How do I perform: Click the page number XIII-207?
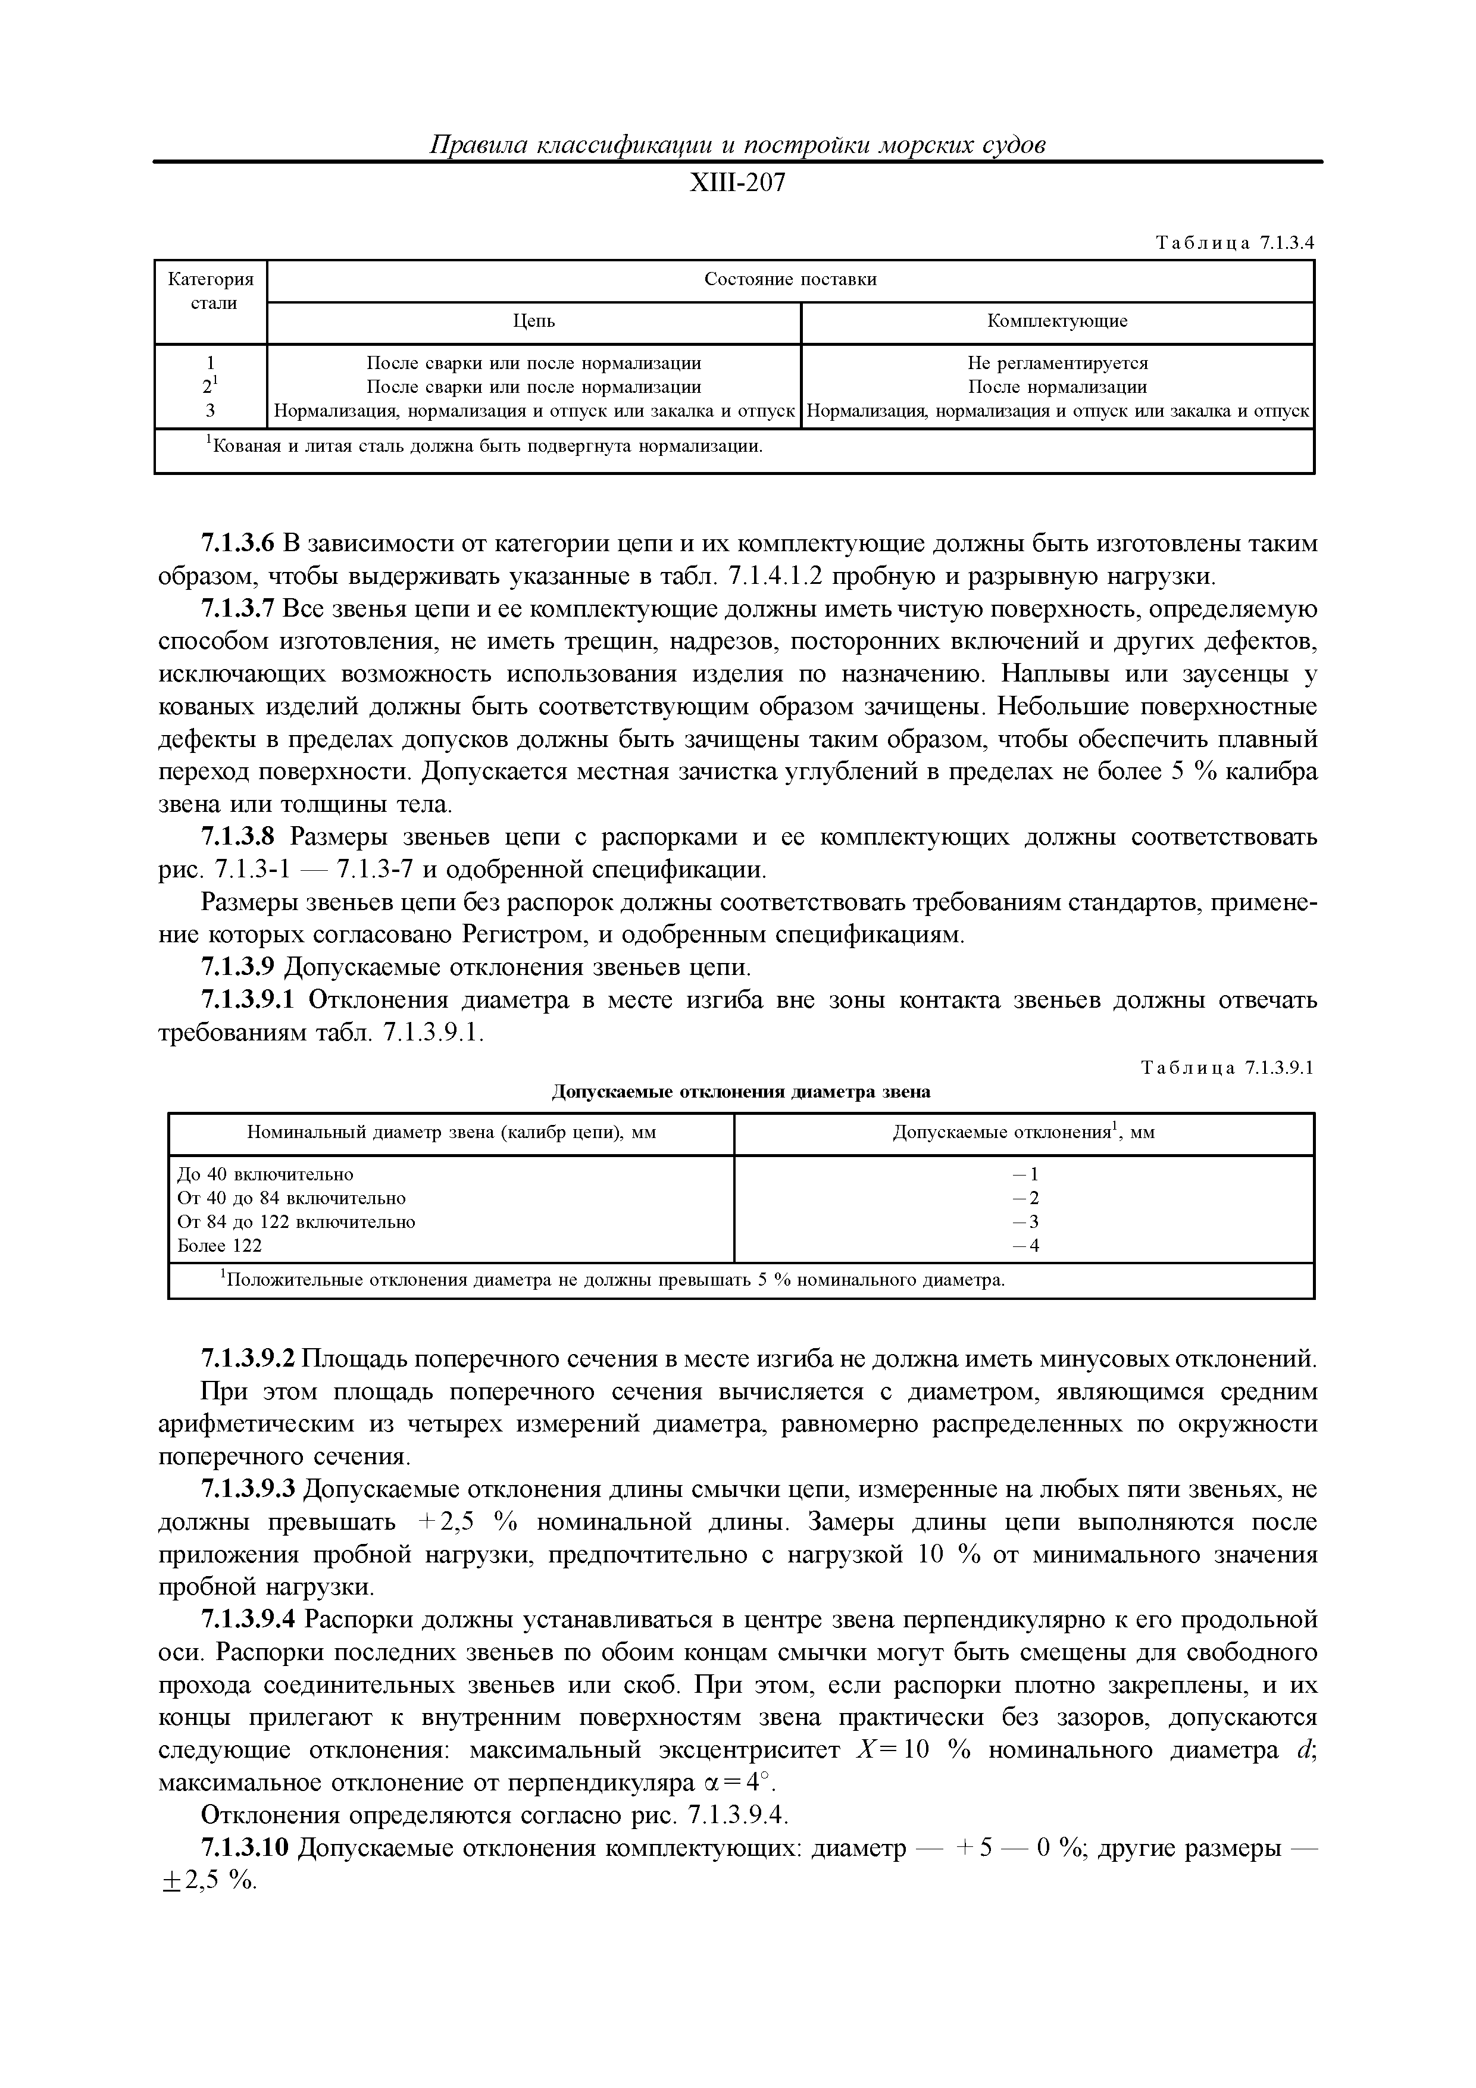pos(737,184)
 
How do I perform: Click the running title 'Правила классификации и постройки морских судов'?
pos(737,145)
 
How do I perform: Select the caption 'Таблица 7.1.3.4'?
pos(1235,243)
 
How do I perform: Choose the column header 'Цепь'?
pos(534,321)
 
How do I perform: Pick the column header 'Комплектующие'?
pos(1057,321)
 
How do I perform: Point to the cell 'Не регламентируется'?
pos(1057,363)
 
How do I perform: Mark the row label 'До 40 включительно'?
pos(265,1174)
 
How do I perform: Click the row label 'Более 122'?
pos(219,1245)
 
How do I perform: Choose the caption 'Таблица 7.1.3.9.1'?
pos(1227,1068)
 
